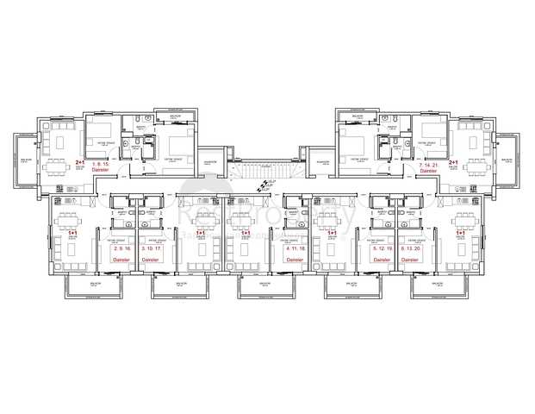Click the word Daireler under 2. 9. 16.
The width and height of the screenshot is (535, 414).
coord(122,258)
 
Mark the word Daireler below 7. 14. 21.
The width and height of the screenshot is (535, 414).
coord(429,172)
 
